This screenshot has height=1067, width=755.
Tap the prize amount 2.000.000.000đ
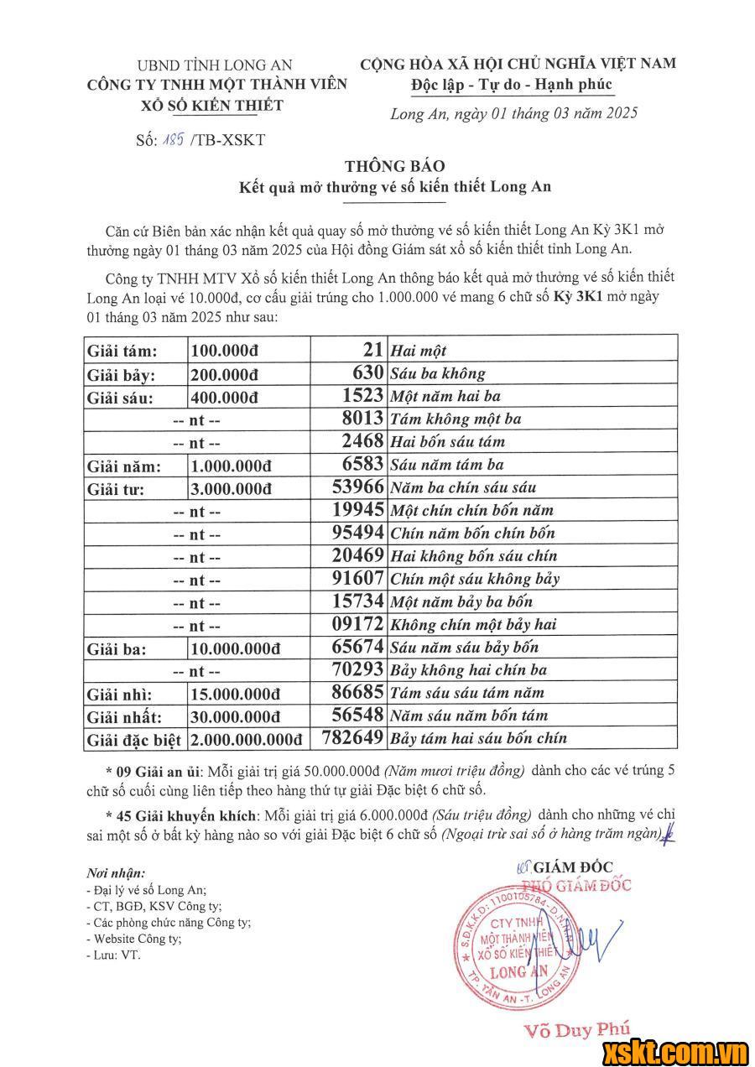point(246,739)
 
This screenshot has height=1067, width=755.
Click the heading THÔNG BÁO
point(393,166)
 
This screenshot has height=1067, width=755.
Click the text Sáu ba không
point(437,373)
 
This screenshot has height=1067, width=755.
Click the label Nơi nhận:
point(116,873)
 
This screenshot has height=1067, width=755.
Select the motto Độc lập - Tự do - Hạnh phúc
point(512,85)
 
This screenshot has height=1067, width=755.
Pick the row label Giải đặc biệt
point(133,739)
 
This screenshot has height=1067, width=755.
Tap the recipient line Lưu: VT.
point(114,955)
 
